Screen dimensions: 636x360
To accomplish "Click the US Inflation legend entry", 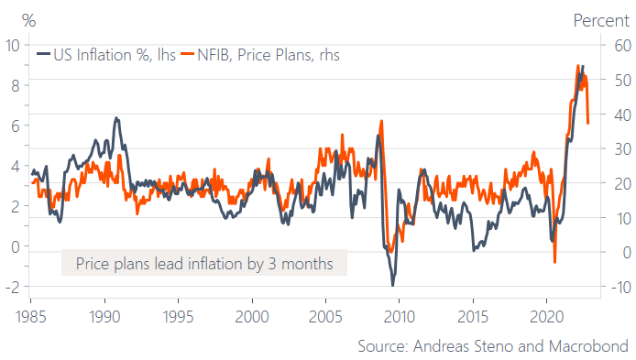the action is (106, 55).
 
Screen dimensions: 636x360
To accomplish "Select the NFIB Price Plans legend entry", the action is (260, 55).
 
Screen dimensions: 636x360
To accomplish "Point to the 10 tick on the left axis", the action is (13, 45).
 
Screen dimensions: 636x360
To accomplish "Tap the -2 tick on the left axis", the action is (13, 287).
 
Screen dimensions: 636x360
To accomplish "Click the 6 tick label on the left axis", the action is (16, 125).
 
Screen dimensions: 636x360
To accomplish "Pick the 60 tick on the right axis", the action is (622, 45).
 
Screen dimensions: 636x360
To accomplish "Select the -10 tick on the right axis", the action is (620, 287).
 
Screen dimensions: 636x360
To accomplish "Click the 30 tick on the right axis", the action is (622, 148).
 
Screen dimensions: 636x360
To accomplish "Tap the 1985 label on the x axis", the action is (31, 316).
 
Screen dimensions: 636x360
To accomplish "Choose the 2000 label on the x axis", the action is (252, 316).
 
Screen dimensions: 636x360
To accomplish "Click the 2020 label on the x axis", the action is (546, 316).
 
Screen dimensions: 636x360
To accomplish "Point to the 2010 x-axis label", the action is (400, 316).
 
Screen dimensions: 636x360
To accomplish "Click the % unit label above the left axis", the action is (28, 20).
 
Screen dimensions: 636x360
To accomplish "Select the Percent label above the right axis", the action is (601, 20).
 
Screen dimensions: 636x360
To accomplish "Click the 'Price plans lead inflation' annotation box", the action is (204, 263).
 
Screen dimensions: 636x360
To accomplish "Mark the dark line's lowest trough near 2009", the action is (392, 285).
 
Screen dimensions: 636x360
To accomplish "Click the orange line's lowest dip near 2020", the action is (554, 262).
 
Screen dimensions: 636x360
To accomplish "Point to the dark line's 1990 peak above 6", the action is (116, 118).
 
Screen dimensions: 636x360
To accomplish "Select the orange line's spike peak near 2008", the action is (381, 121).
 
